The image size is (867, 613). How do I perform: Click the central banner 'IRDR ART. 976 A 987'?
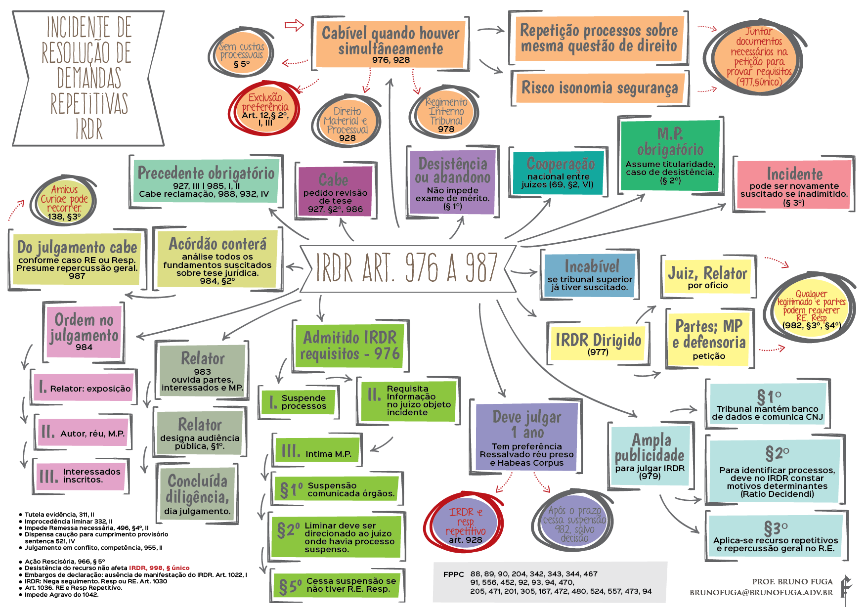[406, 268]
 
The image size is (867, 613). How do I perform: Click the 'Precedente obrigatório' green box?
[206, 181]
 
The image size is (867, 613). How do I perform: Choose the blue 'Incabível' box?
[590, 275]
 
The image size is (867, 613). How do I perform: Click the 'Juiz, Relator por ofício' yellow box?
[707, 277]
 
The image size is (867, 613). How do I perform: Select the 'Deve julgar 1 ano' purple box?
[526, 438]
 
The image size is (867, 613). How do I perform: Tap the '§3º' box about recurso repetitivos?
[776, 536]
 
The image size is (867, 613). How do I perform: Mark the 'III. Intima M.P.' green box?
[317, 451]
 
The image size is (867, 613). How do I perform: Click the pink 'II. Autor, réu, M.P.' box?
[83, 432]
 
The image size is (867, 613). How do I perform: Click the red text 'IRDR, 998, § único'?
[159, 568]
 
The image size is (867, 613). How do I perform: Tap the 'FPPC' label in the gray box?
[453, 574]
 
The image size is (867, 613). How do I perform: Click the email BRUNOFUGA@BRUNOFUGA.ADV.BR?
[761, 592]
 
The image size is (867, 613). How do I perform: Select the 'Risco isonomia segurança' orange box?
[599, 88]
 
